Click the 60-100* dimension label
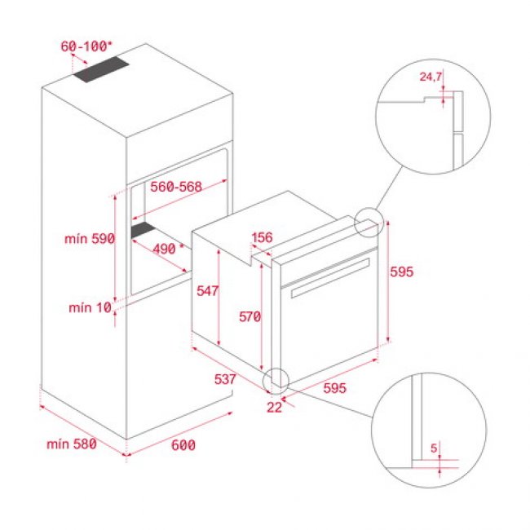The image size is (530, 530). pos(86,46)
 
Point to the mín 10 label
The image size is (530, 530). pos(89,307)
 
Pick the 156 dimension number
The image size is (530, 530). pos(262,239)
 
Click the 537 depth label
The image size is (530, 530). pos(225,379)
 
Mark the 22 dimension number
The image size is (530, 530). pos(274,407)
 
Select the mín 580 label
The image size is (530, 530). pos(72,444)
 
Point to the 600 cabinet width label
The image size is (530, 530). pos(184,445)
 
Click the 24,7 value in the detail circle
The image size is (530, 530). pos(431,77)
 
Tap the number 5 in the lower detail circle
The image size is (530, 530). pos(435,448)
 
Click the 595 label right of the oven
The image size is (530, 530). pos(402,273)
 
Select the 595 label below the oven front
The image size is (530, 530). pos(335,388)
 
